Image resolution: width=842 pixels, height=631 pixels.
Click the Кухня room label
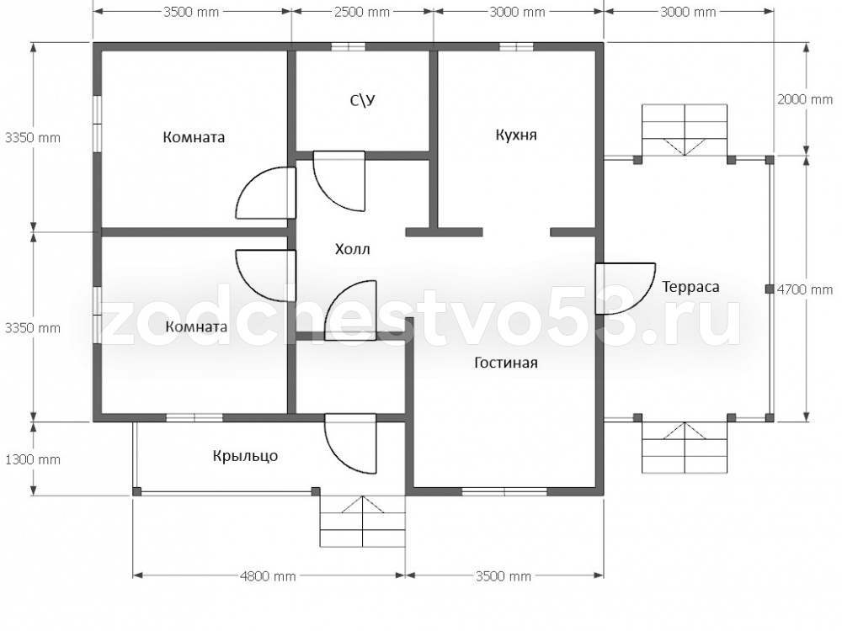tap(515, 134)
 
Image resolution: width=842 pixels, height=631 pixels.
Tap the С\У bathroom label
tap(362, 100)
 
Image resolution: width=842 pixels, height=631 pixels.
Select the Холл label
tap(352, 249)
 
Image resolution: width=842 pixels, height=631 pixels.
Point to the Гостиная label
tap(506, 363)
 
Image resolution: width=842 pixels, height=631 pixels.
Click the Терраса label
tap(690, 287)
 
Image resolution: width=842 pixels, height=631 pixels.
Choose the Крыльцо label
tap(245, 456)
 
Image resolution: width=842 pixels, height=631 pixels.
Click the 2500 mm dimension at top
tap(362, 12)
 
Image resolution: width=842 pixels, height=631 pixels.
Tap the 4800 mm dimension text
tap(268, 576)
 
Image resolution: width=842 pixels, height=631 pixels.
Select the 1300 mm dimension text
tap(33, 459)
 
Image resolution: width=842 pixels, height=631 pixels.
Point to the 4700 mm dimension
tap(805, 289)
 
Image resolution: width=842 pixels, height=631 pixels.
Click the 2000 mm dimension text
tap(805, 99)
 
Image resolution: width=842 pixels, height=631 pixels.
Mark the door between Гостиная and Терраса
tap(625, 288)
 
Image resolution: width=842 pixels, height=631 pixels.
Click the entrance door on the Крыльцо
tap(350, 443)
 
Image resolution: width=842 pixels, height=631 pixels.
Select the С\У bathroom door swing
tap(338, 181)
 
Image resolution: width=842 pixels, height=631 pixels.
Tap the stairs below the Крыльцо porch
tap(362, 521)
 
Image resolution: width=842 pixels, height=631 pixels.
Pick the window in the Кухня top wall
tap(516, 47)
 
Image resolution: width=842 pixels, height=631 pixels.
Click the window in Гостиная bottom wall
tap(504, 491)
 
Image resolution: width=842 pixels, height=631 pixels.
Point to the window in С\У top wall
tap(348, 47)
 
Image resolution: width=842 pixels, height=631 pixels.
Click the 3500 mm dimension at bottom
tap(504, 576)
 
